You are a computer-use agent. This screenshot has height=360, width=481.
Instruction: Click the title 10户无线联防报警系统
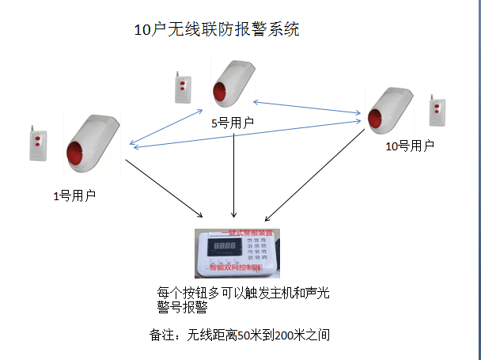click(217, 30)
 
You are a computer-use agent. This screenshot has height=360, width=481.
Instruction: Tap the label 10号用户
click(409, 146)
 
